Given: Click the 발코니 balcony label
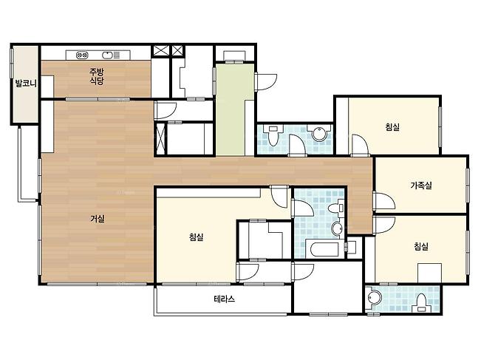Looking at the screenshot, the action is (26, 84).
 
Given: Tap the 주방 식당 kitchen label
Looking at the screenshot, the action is (97, 76).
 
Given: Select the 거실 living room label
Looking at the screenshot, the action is (98, 219).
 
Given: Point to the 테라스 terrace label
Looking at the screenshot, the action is (224, 299).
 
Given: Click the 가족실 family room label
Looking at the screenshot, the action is (421, 186).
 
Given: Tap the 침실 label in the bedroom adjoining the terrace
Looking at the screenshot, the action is (197, 237).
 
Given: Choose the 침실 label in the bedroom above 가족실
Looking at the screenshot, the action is (392, 126).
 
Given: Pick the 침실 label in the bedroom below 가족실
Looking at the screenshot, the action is (421, 246).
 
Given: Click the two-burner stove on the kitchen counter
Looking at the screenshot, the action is (82, 55).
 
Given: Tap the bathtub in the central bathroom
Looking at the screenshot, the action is (324, 250).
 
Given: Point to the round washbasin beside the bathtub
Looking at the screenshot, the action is (337, 228).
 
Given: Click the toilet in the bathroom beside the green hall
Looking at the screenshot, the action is (273, 135).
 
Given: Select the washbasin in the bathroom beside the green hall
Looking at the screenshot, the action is (318, 134).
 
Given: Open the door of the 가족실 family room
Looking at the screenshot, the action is (385, 201).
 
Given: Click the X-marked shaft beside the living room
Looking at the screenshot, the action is (161, 138).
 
